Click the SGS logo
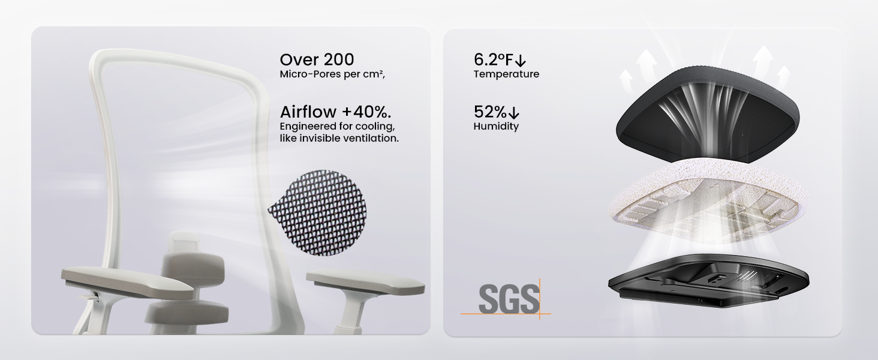[506, 299]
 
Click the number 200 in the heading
[339, 59]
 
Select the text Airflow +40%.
[335, 112]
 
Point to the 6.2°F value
[493, 59]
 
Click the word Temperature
[506, 74]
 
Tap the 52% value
[490, 112]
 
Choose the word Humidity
[496, 126]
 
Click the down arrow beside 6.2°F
[521, 61]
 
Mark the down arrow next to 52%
[513, 113]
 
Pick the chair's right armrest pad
[365, 283]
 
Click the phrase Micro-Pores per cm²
[332, 74]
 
